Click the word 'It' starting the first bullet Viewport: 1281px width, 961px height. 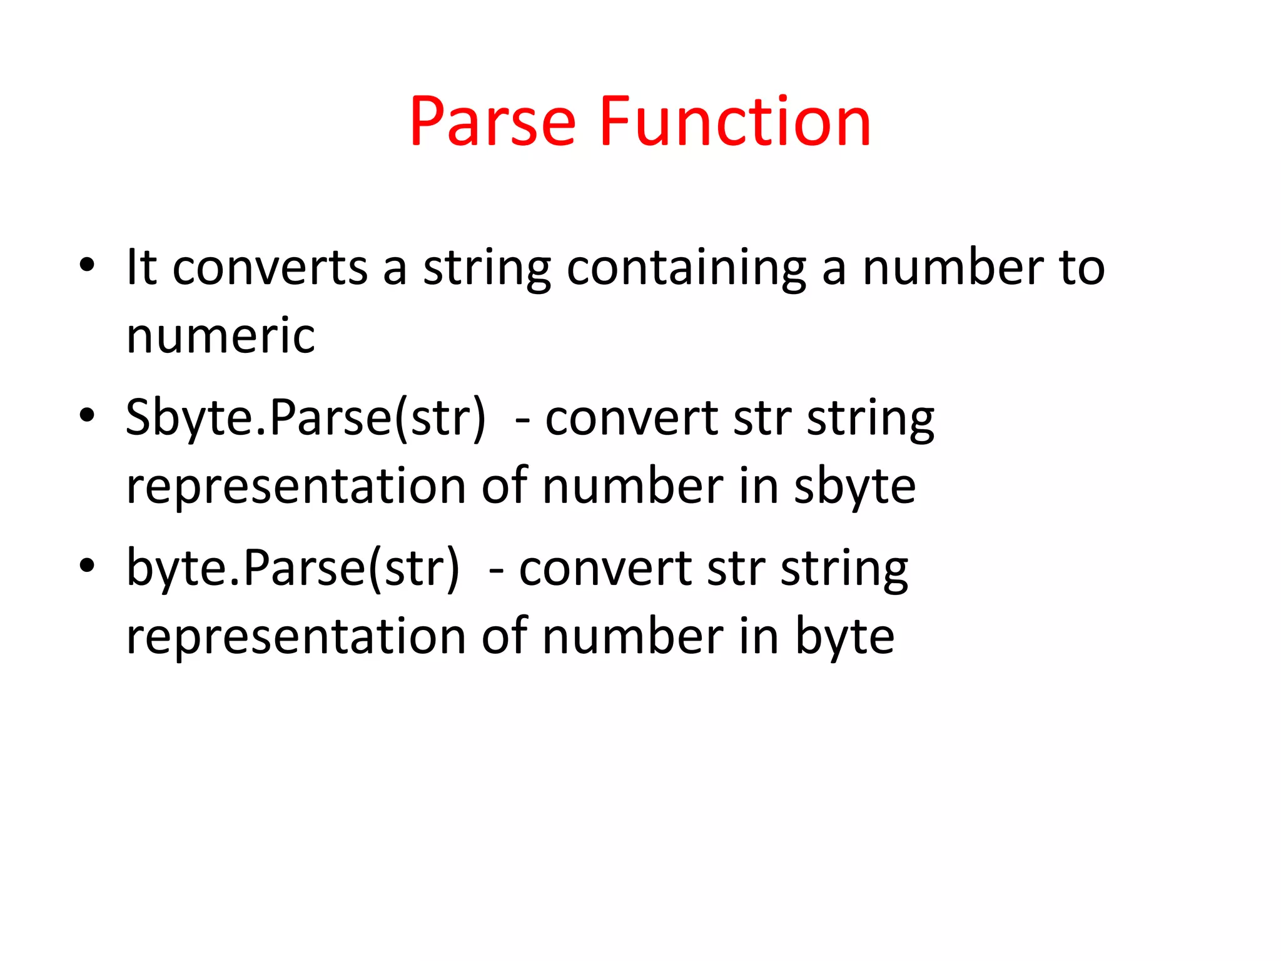pyautogui.click(x=141, y=267)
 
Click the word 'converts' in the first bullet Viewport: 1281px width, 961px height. pyautogui.click(x=270, y=268)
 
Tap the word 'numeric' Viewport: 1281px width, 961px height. pyautogui.click(x=220, y=336)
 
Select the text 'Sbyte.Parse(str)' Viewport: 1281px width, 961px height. pyautogui.click(x=305, y=419)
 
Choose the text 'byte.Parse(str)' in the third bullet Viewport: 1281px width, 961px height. pyautogui.click(x=293, y=569)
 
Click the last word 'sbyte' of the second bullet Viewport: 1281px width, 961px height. pyautogui.click(x=854, y=486)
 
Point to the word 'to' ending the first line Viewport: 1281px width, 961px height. pyautogui.click(x=1081, y=268)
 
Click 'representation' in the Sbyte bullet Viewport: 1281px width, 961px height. pyautogui.click(x=296, y=487)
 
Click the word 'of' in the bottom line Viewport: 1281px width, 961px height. pyautogui.click(x=504, y=636)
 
